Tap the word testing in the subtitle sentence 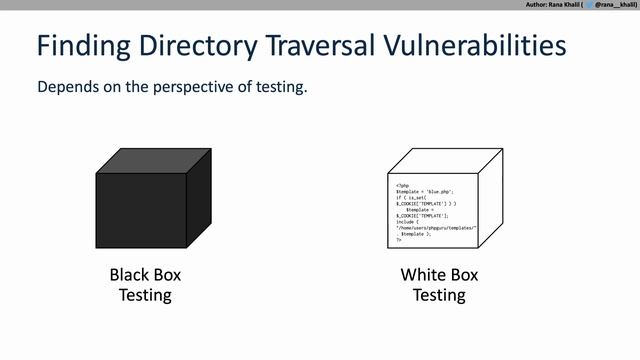(x=280, y=87)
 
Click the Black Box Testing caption (x=145, y=284)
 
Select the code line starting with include (x=406, y=222)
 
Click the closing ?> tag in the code (x=399, y=241)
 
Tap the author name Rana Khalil (x=574, y=5)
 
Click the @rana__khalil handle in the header (x=616, y=5)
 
